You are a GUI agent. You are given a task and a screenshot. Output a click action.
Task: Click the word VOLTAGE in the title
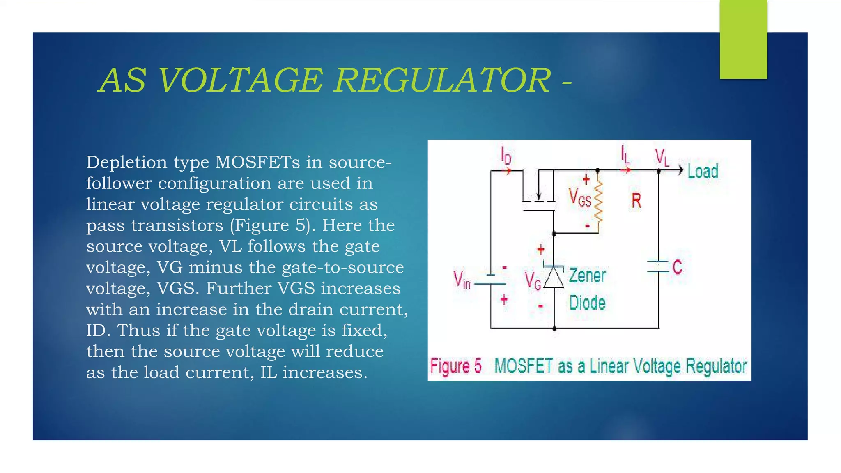tap(241, 80)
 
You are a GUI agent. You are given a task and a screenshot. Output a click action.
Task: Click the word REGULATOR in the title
tap(442, 80)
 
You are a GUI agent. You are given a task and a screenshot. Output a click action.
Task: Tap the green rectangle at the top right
tap(743, 39)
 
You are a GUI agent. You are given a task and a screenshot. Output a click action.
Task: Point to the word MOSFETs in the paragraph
tap(257, 162)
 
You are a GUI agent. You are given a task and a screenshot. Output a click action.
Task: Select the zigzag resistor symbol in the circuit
tap(598, 202)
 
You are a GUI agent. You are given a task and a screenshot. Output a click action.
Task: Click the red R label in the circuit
tap(636, 201)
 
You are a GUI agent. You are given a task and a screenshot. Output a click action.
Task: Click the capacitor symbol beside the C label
tap(658, 266)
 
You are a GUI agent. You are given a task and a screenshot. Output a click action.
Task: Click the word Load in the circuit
tap(703, 171)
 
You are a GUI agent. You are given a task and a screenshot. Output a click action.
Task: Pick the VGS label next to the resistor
tap(579, 197)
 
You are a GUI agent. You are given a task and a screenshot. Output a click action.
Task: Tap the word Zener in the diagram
tap(587, 276)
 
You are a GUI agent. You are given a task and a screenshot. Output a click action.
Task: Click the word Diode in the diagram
tap(587, 303)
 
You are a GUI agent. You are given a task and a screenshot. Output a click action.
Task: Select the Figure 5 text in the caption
tap(455, 366)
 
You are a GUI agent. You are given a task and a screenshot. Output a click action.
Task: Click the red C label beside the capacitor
tap(677, 267)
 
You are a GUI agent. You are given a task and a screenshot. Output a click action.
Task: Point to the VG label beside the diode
tap(533, 281)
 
